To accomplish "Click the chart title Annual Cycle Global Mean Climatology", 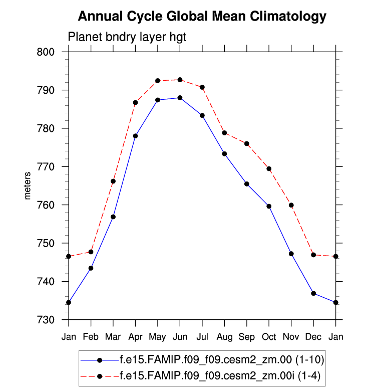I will pos(202,17).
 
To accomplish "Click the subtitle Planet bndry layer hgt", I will pos(127,37).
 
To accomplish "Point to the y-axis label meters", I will pos(28,185).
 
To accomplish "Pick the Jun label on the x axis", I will pos(180,337).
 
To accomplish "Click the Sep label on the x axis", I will pos(246,337).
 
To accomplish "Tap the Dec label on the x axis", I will pos(313,337).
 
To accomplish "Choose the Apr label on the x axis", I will pos(135,337).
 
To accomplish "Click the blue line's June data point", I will pos(180,98).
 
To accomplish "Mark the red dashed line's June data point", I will pos(180,80).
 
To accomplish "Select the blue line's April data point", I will pos(135,136).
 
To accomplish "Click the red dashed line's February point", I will pos(91,252).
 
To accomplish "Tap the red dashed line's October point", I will pos(269,169).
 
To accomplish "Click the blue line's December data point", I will pos(313,293).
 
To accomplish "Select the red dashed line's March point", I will pos(113,181).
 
